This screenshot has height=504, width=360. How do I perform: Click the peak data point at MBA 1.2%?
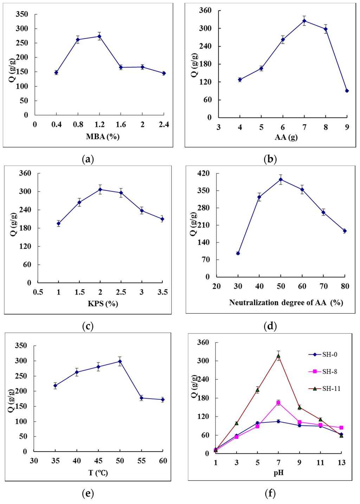(x=99, y=36)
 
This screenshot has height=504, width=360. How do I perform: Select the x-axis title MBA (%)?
(x=103, y=137)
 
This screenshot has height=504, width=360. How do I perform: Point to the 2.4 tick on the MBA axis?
(x=164, y=125)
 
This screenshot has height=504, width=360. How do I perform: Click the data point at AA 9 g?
(x=347, y=91)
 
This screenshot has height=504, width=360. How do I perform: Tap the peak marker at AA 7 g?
(x=304, y=21)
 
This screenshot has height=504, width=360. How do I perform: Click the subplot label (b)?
(x=270, y=159)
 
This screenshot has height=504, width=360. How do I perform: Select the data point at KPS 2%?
(x=100, y=190)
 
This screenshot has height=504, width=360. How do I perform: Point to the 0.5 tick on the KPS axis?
(x=38, y=292)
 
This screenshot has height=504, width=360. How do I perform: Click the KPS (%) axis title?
(x=103, y=304)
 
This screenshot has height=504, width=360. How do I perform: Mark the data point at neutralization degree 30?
(x=238, y=253)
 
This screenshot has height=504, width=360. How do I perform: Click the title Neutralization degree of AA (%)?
(x=286, y=302)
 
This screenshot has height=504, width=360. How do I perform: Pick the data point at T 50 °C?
(x=120, y=361)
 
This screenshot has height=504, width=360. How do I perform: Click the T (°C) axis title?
(x=98, y=473)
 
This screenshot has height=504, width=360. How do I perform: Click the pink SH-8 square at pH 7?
(x=278, y=403)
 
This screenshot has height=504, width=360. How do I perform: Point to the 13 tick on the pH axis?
(x=341, y=463)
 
